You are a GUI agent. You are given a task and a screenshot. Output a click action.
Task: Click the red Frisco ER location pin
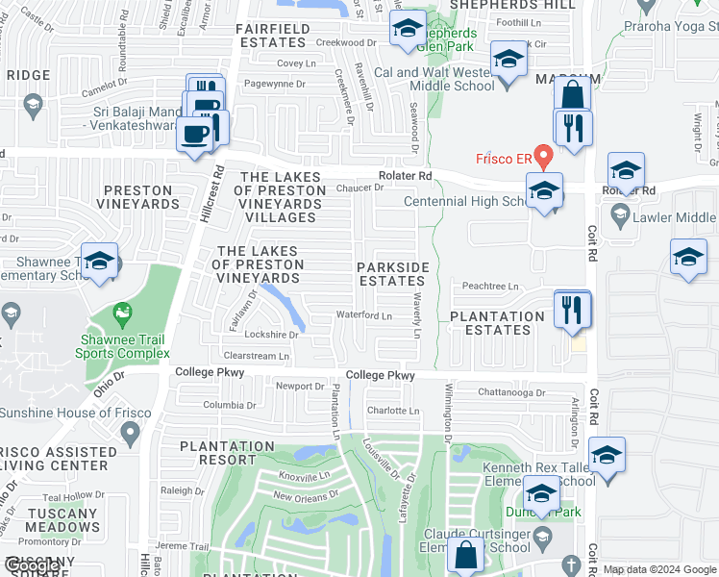coord(544,155)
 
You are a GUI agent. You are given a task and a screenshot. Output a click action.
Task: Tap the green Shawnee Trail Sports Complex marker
coord(122,314)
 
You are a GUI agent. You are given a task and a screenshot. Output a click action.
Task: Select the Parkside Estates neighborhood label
coord(392,273)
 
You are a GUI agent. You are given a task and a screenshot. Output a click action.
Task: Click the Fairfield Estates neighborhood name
coord(273,37)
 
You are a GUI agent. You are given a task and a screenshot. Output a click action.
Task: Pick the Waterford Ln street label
coord(363,315)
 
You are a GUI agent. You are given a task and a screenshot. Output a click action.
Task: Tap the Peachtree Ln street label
coord(490,287)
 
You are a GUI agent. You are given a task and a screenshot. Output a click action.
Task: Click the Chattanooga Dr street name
coord(511,393)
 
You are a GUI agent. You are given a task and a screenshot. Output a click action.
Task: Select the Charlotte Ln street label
coord(394,411)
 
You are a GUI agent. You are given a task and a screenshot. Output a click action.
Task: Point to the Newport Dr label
coord(301,387)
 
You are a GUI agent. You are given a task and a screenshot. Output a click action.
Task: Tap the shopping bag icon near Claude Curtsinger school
coord(466,555)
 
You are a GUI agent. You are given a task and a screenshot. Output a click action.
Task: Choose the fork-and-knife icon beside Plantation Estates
coord(573,309)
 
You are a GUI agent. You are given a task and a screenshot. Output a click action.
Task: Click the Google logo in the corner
coord(32,566)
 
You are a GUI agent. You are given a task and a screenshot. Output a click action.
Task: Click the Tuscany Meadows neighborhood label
coord(62,520)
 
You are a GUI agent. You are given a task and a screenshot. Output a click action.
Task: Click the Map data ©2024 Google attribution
coord(659,569)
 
